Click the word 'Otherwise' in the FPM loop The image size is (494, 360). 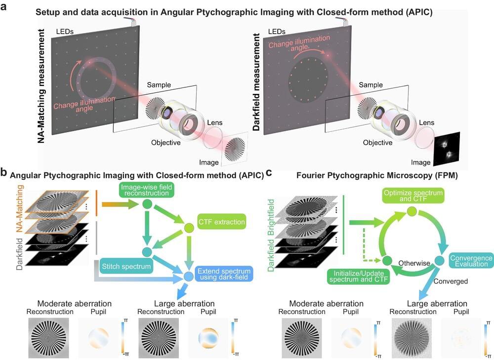(414, 263)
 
